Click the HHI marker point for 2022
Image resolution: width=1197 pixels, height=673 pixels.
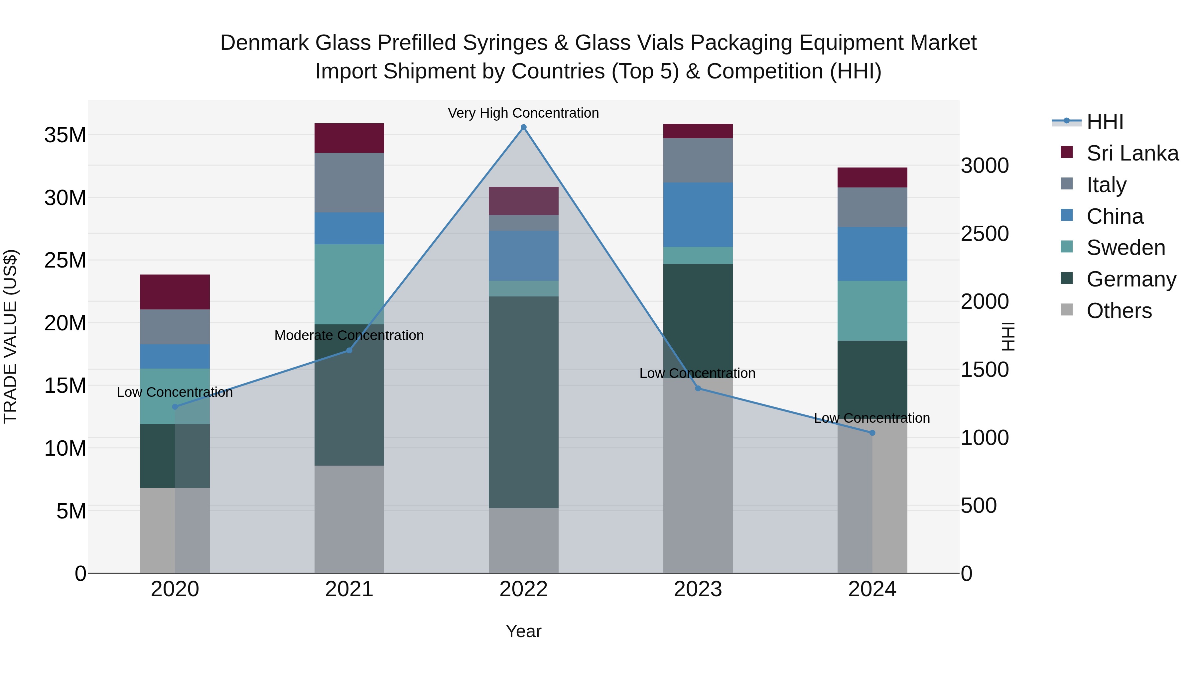click(x=523, y=127)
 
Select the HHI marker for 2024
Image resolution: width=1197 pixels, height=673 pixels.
click(x=872, y=433)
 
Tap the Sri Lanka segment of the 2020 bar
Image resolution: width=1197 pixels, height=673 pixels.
click(x=175, y=292)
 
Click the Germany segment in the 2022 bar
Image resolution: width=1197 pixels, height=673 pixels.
click(x=523, y=402)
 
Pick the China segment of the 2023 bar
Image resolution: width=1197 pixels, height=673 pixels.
click(x=698, y=215)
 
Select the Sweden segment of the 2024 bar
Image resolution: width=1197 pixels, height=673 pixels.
click(x=872, y=310)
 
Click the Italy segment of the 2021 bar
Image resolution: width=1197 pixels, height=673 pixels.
click(x=349, y=182)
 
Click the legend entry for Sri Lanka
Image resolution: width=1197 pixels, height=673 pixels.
click(x=1132, y=153)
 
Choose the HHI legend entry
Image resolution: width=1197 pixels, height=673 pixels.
click(x=1105, y=122)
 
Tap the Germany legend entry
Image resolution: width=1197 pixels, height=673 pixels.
click(x=1131, y=279)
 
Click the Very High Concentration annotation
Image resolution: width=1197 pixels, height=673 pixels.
click(x=523, y=113)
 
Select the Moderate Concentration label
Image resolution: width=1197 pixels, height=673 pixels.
click(x=349, y=335)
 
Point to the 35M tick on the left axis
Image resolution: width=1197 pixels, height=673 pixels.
click(x=65, y=135)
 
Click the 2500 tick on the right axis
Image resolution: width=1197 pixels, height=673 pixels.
click(x=984, y=234)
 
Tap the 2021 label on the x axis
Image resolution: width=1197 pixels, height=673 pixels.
click(x=349, y=589)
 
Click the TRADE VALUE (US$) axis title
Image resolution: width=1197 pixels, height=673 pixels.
click(x=10, y=336)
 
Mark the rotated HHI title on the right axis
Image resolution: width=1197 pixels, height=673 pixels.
click(x=1008, y=336)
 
